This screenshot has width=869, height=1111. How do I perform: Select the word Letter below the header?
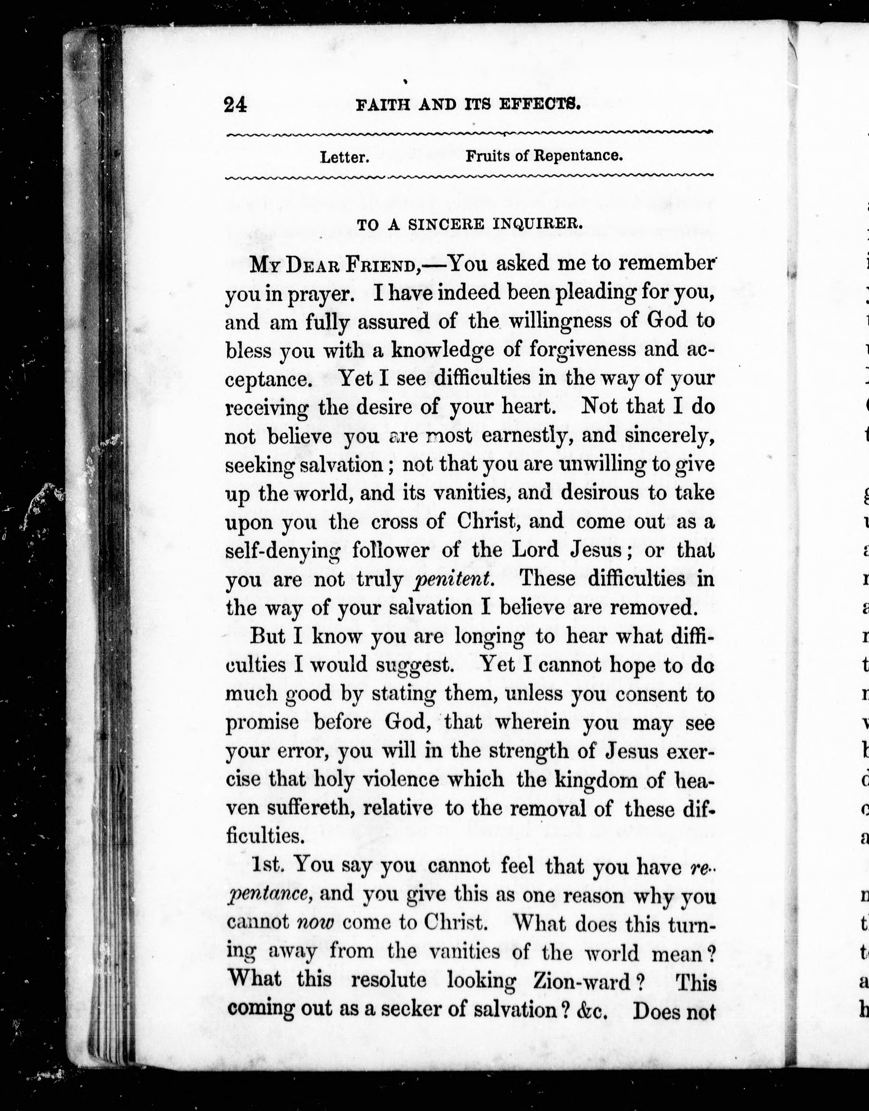tap(344, 157)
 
